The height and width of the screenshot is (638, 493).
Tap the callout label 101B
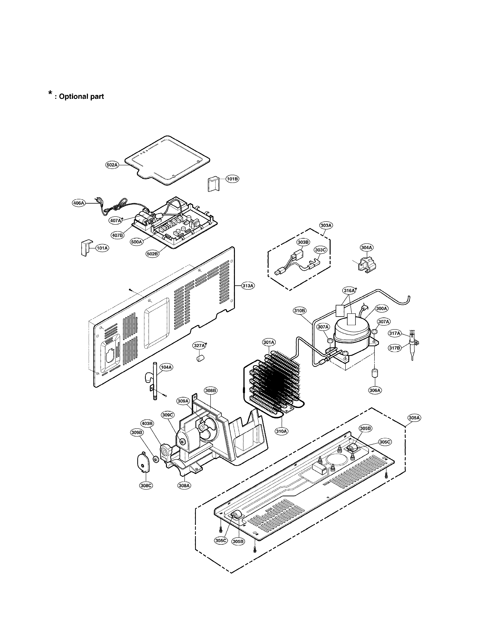[232, 179]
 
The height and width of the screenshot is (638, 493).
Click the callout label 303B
[303, 242]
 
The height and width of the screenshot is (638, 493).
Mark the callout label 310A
[281, 431]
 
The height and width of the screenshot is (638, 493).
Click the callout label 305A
[414, 418]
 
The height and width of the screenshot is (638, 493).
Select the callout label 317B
[394, 348]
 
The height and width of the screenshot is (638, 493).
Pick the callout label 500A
[136, 242]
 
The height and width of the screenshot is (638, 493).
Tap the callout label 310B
[299, 311]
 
